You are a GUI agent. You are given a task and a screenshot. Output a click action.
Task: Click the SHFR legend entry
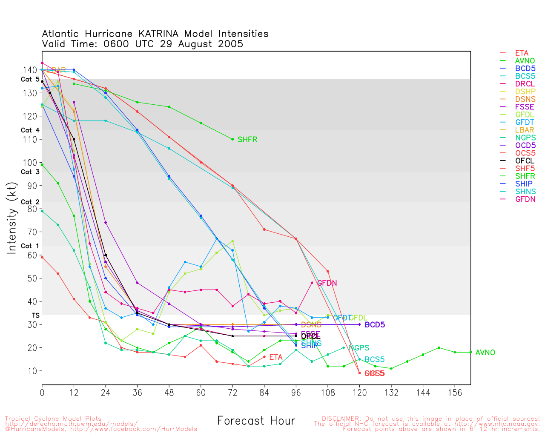click(525, 176)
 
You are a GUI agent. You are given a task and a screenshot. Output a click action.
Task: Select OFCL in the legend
click(525, 161)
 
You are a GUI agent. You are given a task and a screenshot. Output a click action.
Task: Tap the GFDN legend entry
click(525, 199)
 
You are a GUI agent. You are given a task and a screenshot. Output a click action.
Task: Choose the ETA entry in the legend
click(522, 53)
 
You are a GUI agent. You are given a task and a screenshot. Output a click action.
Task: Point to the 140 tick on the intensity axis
click(29, 70)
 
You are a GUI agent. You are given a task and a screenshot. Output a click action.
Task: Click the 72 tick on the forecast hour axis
click(232, 393)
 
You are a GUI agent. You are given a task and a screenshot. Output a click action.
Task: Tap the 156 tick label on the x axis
click(455, 393)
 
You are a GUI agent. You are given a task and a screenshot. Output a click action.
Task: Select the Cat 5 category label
click(30, 80)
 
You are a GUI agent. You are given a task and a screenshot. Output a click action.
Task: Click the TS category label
click(36, 316)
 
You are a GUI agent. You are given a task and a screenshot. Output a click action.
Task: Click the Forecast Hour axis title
click(256, 421)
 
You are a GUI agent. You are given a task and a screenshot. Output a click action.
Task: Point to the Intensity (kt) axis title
click(12, 218)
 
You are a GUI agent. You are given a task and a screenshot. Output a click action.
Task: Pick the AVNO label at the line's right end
click(485, 353)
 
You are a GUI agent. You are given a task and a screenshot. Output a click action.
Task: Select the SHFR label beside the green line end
click(247, 140)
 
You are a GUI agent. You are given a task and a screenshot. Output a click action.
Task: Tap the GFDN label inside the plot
click(327, 283)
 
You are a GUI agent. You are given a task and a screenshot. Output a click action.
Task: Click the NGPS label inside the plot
click(359, 348)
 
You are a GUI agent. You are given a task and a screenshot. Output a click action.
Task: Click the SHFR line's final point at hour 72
click(232, 139)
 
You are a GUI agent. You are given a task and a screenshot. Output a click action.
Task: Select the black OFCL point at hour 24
click(106, 255)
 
